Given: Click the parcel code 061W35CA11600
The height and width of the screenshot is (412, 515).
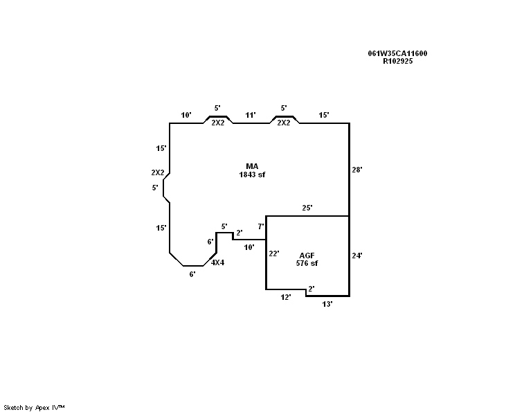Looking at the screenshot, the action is [397, 53].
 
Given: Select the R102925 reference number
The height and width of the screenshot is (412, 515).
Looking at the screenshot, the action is [397, 61].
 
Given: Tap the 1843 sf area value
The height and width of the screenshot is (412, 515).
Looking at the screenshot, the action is [252, 174].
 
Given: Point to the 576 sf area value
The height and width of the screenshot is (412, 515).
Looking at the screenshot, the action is [307, 263].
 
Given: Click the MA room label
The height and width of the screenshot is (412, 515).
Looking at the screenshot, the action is [252, 166].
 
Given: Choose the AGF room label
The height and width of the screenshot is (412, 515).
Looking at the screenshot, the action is [307, 256].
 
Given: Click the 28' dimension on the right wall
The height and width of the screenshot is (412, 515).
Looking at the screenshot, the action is [357, 170].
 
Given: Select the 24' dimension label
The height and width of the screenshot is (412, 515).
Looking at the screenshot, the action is [357, 256].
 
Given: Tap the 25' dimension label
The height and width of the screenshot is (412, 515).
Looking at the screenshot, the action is [307, 208].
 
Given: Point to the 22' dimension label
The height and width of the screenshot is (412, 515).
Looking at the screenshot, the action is [274, 253].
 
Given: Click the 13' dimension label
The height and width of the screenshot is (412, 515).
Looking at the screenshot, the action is [327, 304].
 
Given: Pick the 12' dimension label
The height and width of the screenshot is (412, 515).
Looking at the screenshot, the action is [286, 297].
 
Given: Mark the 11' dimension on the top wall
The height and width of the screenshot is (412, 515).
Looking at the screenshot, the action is [251, 115].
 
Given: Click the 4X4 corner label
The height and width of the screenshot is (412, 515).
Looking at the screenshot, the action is [217, 262].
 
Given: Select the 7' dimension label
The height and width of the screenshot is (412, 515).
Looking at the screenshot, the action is [261, 226].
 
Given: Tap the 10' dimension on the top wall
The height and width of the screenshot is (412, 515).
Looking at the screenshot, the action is [186, 115].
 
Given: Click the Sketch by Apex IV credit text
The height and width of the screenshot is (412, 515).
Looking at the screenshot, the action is [34, 408].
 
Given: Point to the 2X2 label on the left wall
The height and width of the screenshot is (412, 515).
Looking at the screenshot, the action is [158, 172].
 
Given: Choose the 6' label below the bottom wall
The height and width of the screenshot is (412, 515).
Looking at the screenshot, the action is [192, 274].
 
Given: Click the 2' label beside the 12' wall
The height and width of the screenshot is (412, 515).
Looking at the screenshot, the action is [311, 289].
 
